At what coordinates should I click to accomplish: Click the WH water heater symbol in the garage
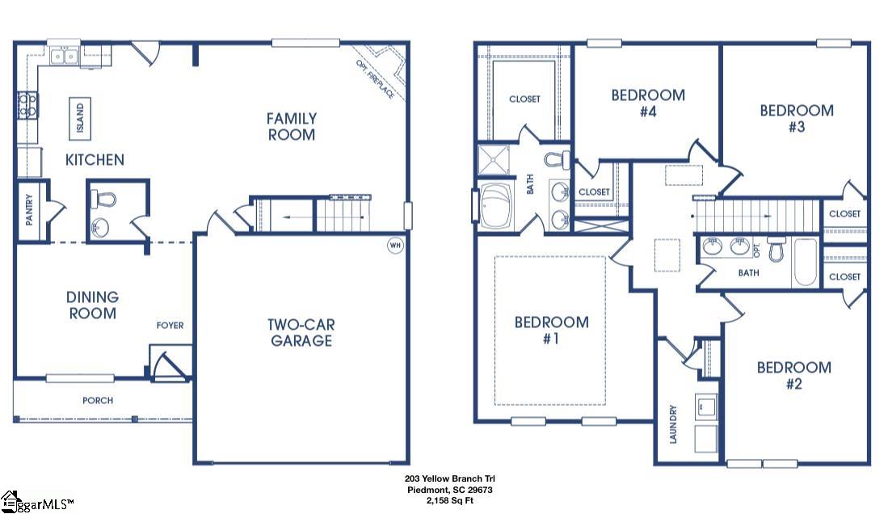[395, 245]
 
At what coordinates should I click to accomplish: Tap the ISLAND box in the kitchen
[79, 119]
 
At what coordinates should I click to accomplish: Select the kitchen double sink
[62, 56]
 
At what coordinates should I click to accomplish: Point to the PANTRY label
[28, 209]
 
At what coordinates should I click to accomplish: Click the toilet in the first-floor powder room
[104, 199]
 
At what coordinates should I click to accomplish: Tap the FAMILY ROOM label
[292, 127]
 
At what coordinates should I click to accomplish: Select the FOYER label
[170, 326]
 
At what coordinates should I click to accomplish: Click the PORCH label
[98, 400]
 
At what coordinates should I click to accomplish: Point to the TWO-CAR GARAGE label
[301, 332]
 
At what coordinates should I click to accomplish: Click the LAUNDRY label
[672, 423]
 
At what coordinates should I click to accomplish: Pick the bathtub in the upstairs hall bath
[805, 262]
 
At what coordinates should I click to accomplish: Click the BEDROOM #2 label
[793, 375]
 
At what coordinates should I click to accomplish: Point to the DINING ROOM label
[92, 305]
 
